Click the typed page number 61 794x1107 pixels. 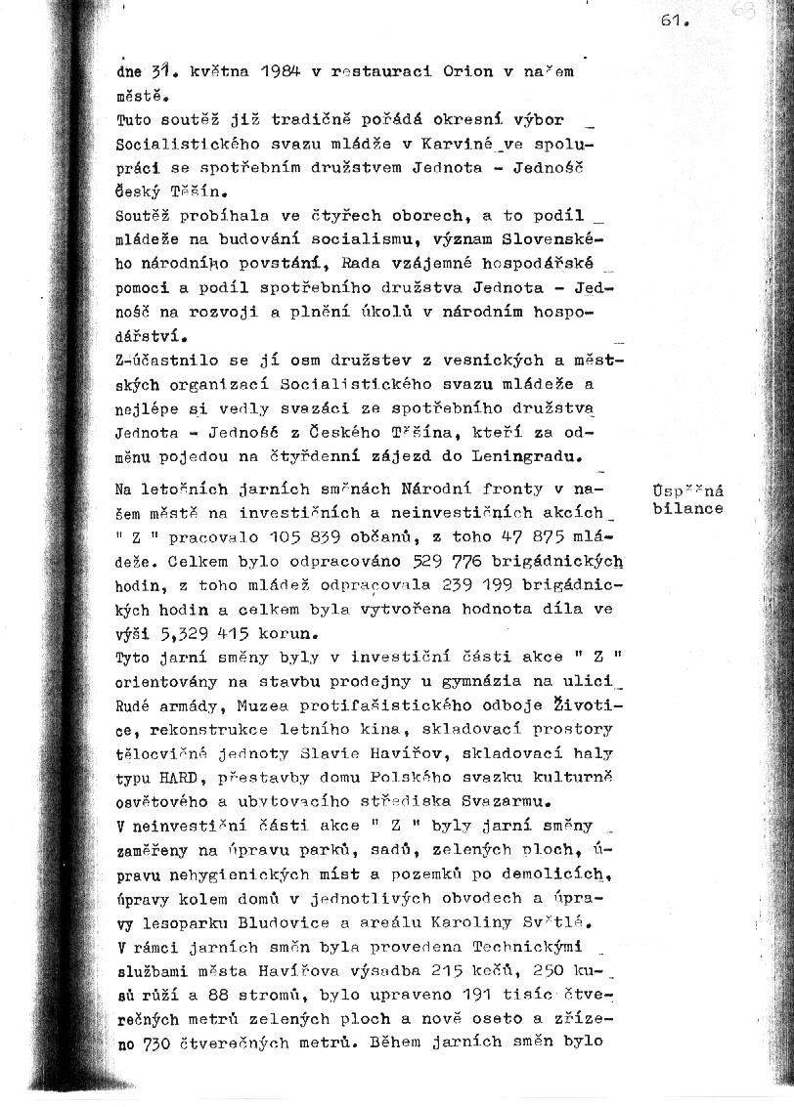coord(676,21)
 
